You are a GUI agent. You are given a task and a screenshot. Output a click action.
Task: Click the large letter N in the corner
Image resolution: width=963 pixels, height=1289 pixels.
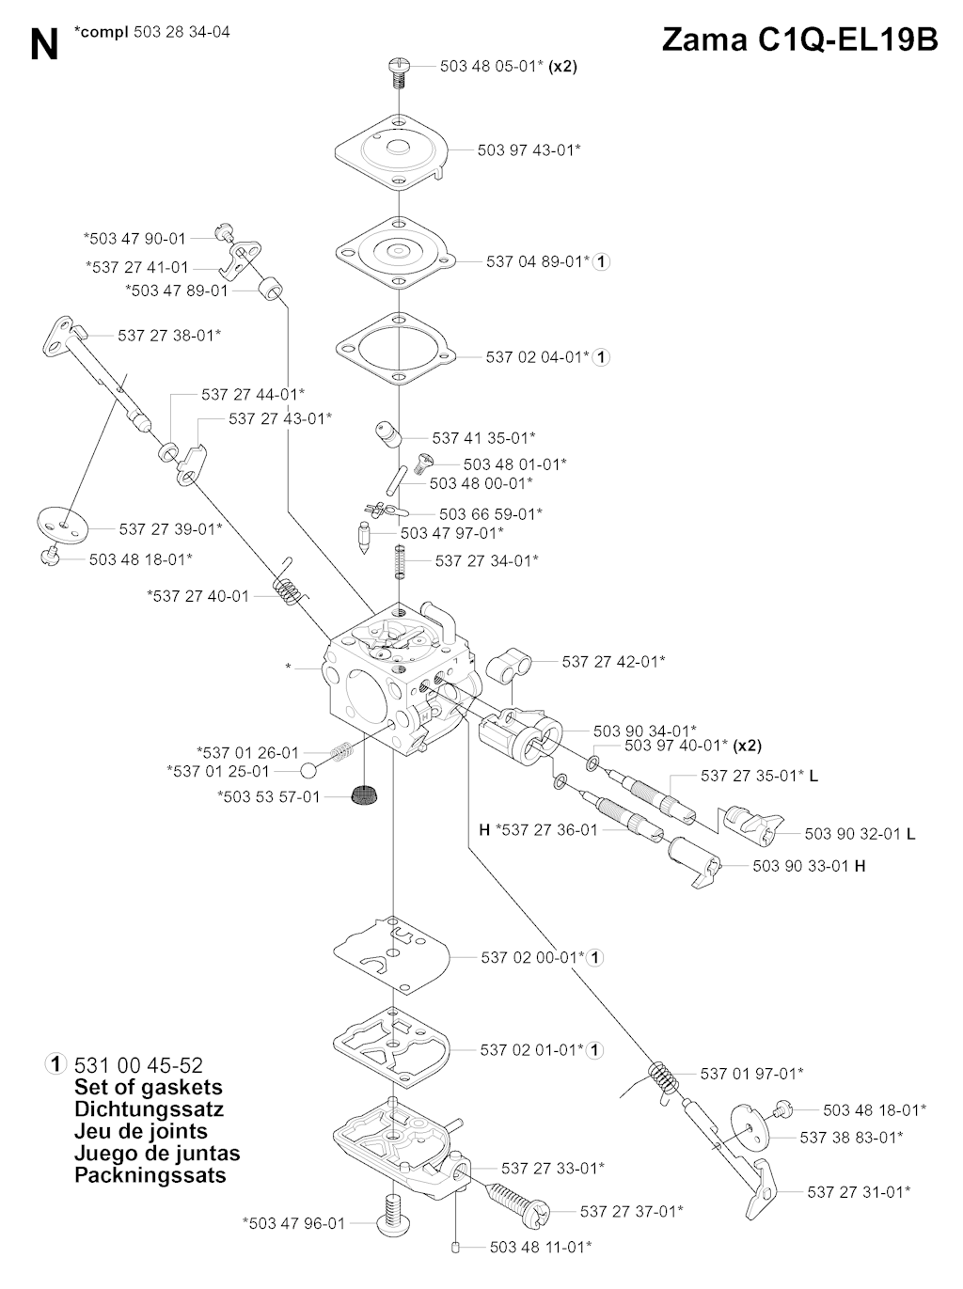click(x=43, y=45)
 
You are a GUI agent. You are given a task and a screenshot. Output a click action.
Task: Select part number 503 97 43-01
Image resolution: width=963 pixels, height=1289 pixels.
click(x=529, y=149)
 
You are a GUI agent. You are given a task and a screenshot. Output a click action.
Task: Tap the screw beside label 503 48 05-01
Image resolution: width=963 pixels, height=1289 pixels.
click(x=399, y=71)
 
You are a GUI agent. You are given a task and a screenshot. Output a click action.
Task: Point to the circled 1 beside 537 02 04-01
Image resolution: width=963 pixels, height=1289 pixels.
click(x=602, y=357)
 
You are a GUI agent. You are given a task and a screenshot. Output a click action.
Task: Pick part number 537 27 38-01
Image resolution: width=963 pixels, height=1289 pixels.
click(x=169, y=335)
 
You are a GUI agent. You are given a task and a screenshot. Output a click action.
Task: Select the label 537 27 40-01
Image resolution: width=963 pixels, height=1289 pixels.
click(x=198, y=596)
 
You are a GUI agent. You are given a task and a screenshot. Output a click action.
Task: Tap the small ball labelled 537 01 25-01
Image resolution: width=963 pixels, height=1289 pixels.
click(x=308, y=771)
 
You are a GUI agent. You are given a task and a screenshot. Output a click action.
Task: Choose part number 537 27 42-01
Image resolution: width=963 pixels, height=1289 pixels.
click(x=613, y=661)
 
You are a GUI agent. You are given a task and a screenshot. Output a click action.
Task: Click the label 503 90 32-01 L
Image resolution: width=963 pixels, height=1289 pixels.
click(x=860, y=833)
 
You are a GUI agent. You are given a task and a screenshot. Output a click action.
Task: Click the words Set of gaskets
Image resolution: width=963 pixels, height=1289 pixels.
click(x=148, y=1088)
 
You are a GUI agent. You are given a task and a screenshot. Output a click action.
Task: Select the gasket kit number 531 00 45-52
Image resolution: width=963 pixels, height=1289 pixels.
click(x=137, y=1065)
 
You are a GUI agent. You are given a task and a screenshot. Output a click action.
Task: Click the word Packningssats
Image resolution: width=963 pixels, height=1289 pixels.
click(x=150, y=1175)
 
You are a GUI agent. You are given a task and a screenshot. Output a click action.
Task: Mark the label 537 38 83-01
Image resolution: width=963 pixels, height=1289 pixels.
click(x=851, y=1138)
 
